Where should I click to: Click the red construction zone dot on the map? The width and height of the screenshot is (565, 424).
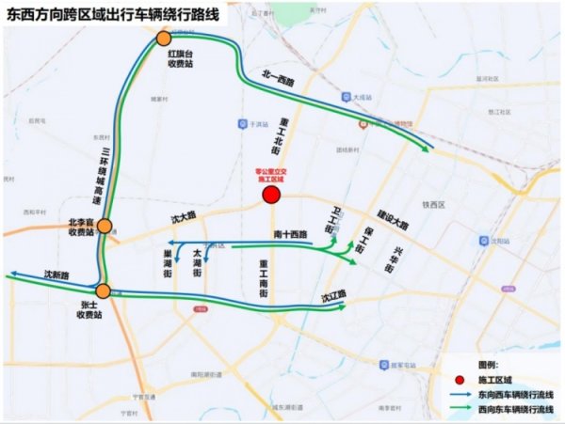(x=271, y=196)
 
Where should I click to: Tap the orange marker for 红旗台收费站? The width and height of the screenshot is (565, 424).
(x=164, y=39)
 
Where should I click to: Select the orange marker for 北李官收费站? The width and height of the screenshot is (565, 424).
(x=105, y=227)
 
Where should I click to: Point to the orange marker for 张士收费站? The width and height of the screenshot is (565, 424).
(x=102, y=291)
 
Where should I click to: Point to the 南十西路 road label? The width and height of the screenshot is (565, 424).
(x=292, y=233)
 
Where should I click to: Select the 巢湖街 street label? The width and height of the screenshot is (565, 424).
(x=168, y=266)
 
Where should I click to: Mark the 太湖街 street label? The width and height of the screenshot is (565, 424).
(x=197, y=266)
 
